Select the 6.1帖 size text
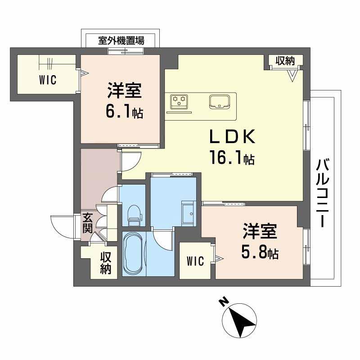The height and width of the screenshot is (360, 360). [124, 111]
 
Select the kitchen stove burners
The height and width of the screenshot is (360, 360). [179, 101]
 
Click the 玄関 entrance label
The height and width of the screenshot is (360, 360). [87, 223]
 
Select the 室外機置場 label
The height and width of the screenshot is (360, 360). [121, 40]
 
